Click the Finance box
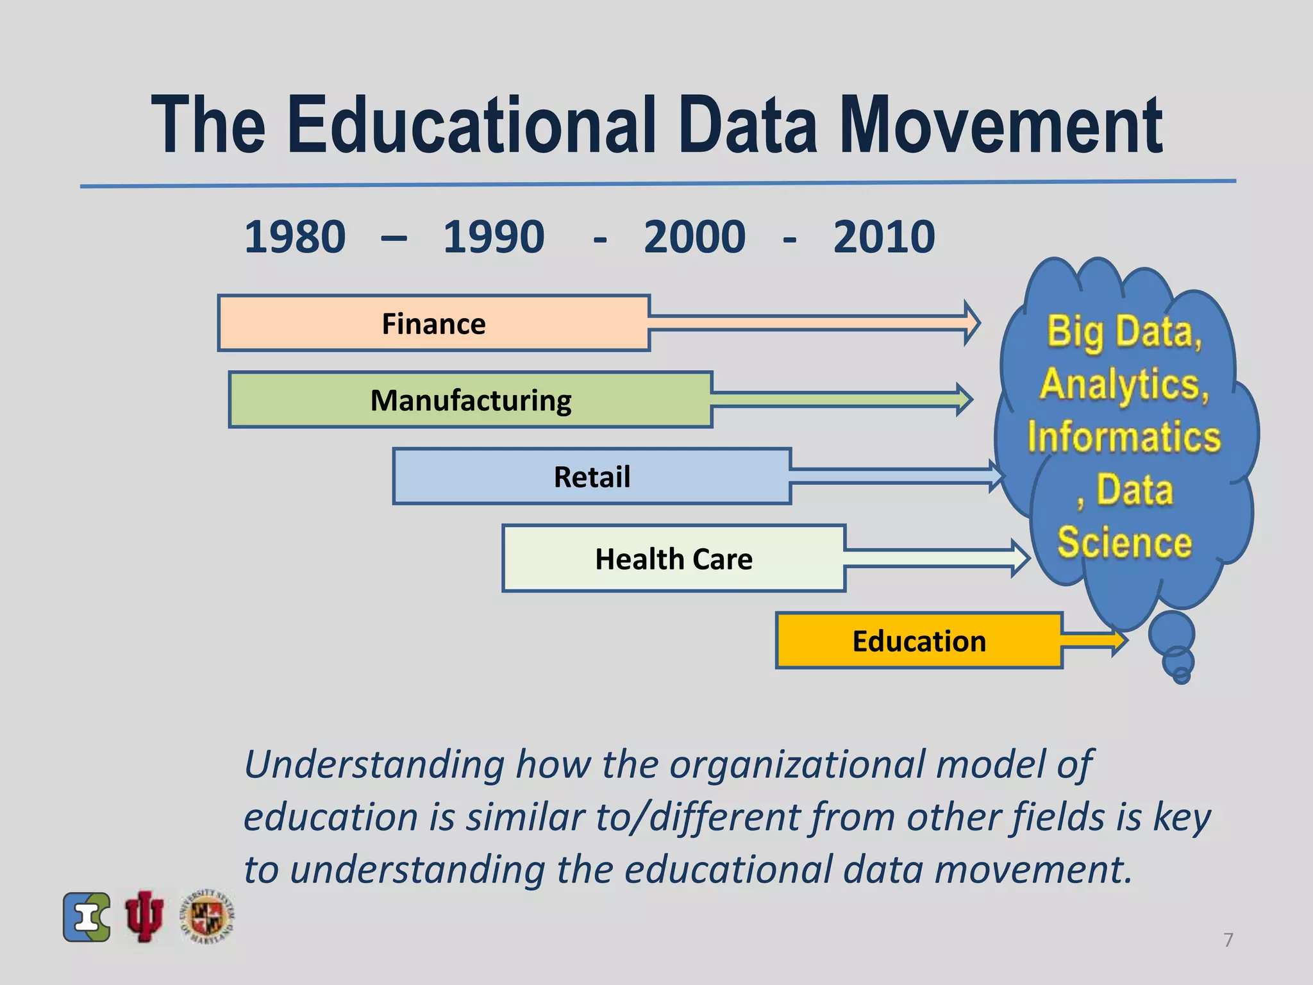point(434,323)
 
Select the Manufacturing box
point(471,400)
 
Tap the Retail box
point(592,476)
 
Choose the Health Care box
point(674,559)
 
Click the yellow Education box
point(919,641)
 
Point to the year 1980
point(295,237)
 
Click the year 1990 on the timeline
point(494,237)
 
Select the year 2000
point(694,237)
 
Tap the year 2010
point(884,237)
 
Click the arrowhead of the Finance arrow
point(971,323)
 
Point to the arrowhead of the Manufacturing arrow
point(964,400)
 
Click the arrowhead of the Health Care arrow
point(1020,558)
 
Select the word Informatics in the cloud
point(1124,437)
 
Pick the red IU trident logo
point(144,916)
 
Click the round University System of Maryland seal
point(208,916)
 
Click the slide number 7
point(1228,939)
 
